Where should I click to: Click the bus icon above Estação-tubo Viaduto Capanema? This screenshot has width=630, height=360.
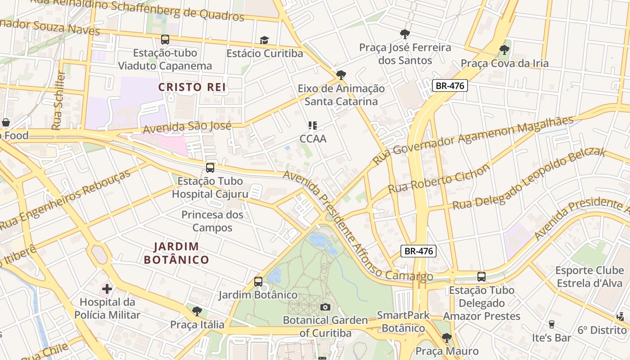[165, 40]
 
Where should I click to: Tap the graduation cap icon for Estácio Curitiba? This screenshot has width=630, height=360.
[264, 40]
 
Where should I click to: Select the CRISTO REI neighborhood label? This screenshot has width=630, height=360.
[192, 87]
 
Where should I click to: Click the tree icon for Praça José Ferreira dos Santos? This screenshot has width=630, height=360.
[405, 34]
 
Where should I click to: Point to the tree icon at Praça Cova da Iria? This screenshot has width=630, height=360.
[504, 50]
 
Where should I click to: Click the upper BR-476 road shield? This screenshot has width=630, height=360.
[450, 85]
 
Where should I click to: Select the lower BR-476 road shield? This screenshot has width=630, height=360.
[418, 251]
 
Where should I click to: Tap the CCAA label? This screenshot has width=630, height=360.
[313, 139]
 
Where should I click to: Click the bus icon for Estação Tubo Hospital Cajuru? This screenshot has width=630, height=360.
[210, 168]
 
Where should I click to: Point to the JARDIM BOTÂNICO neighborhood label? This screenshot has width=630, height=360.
[176, 253]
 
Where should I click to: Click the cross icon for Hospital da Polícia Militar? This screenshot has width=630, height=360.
[107, 288]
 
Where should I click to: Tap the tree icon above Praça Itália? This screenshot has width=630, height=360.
[197, 311]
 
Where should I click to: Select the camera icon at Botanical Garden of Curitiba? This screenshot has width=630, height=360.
[325, 307]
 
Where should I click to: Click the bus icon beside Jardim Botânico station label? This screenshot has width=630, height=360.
[258, 282]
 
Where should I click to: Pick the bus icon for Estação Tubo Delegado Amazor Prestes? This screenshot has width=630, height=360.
[481, 277]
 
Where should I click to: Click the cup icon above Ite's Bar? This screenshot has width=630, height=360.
[551, 324]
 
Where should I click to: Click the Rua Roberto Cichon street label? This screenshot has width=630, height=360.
[439, 179]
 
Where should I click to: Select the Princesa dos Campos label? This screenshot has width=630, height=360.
[212, 221]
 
